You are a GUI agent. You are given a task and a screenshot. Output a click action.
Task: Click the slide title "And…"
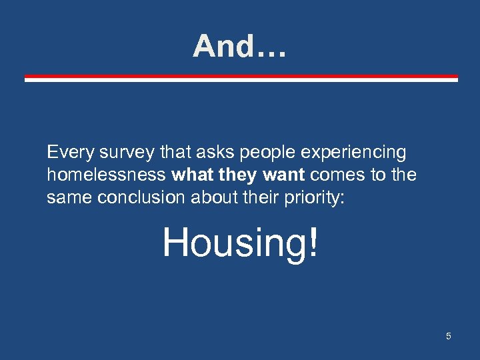[239, 47]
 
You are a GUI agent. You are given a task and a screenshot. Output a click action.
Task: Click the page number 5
[449, 336]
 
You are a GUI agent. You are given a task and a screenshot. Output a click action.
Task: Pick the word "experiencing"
[353, 153]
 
